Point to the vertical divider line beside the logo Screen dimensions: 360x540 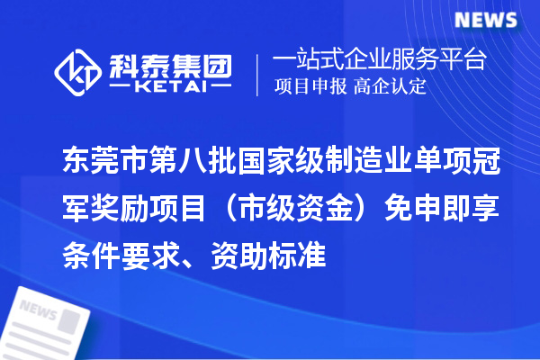point(258,74)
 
